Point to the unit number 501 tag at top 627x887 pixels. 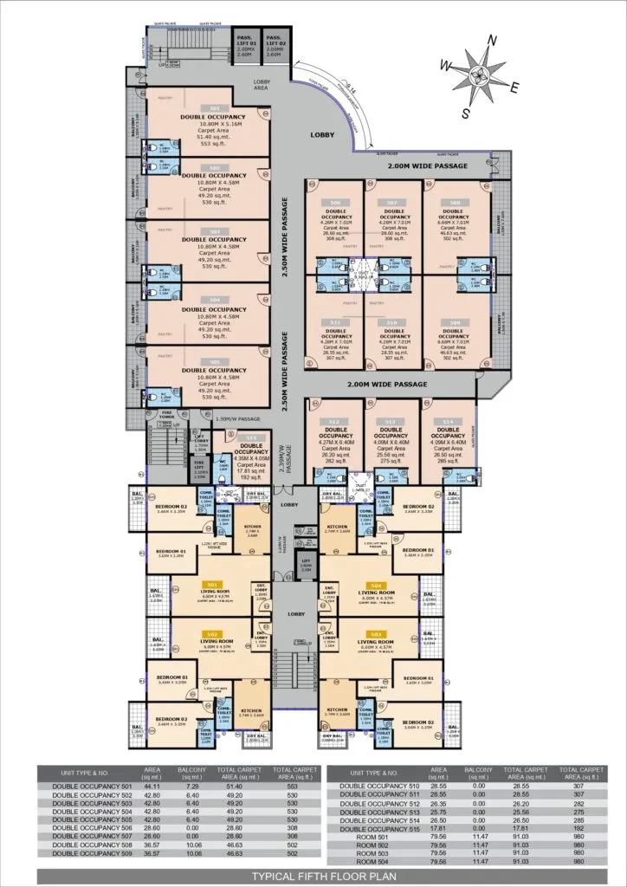(213, 107)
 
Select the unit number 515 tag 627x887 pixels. (251, 438)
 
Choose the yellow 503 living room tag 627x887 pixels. (376, 634)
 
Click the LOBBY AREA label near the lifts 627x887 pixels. (262, 85)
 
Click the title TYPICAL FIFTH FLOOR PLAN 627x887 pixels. (313, 875)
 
